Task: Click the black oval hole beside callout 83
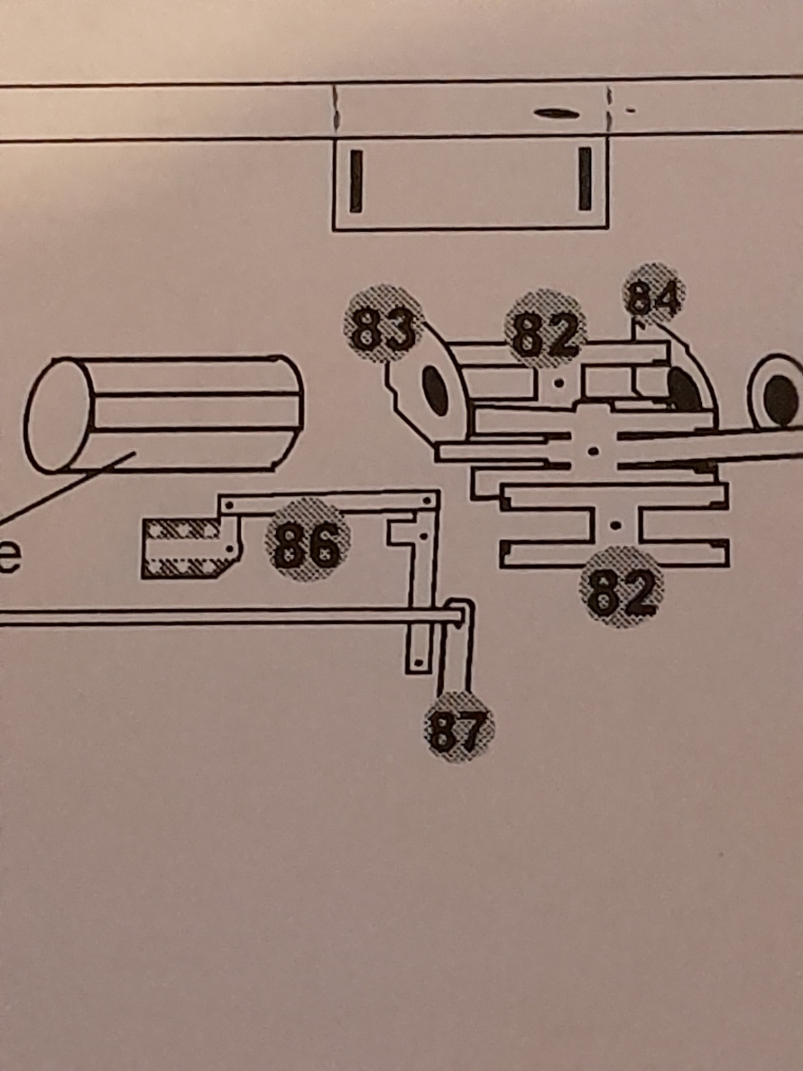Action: pos(435,390)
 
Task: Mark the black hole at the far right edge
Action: pos(780,398)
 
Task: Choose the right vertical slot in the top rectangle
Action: pos(586,179)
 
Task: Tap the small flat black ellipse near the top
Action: pos(555,114)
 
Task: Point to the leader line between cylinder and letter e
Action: pos(67,489)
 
